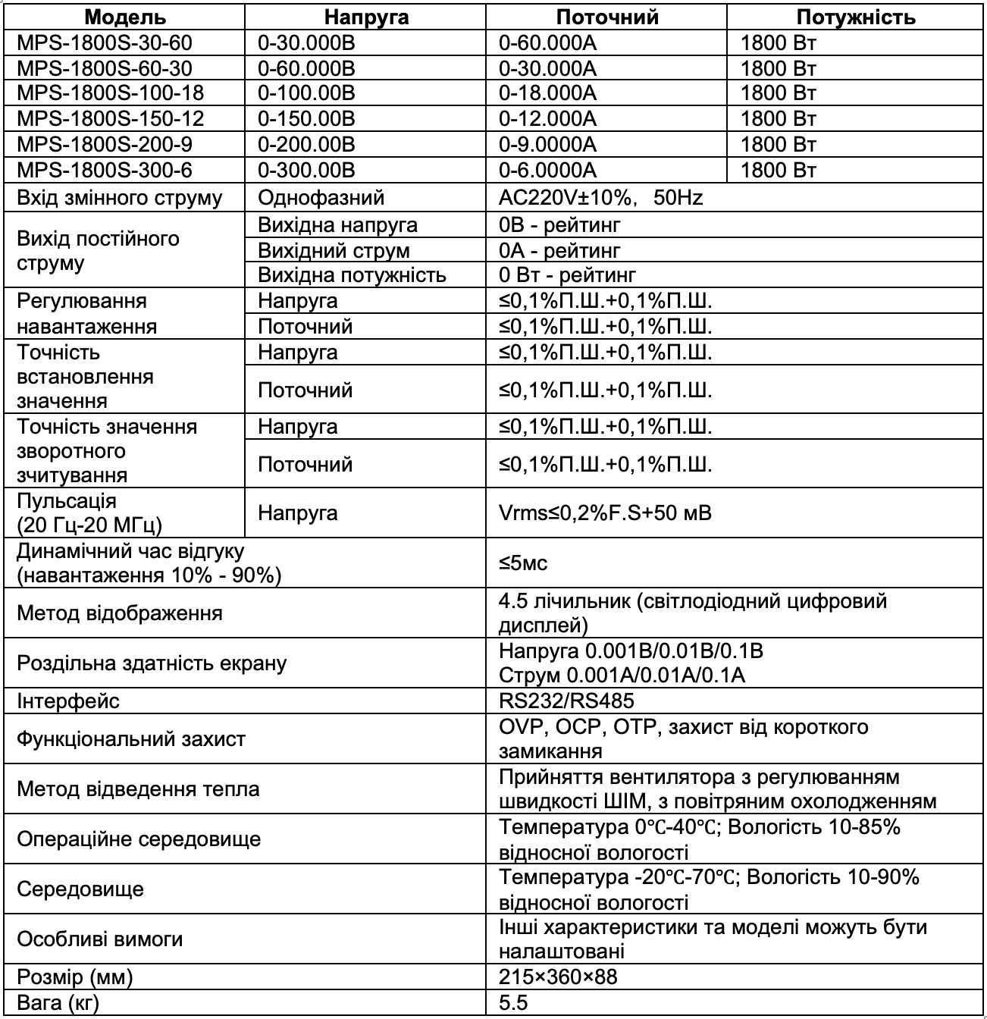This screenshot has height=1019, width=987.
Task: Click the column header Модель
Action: click(125, 17)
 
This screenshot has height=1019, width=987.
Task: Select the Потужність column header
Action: click(856, 17)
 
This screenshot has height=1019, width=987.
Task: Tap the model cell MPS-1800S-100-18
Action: click(111, 93)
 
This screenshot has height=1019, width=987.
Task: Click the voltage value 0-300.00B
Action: click(307, 169)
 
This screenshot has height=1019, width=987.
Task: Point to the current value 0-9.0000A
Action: click(548, 144)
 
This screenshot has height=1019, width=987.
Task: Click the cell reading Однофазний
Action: click(321, 199)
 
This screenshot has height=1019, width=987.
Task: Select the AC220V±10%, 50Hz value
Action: click(601, 199)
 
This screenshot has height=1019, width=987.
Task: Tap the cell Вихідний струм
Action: click(334, 250)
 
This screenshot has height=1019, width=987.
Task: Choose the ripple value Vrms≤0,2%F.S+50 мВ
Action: click(606, 513)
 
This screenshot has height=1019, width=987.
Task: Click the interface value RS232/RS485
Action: click(567, 701)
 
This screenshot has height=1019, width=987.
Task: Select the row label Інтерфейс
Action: click(68, 701)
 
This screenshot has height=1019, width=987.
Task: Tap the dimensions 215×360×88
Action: click(559, 977)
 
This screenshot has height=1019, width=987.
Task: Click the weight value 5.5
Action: click(513, 1003)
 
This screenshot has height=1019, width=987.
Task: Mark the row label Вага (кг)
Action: click(58, 1003)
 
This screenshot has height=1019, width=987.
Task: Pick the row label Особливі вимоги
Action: click(100, 939)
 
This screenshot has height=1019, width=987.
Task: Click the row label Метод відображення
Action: click(120, 613)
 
